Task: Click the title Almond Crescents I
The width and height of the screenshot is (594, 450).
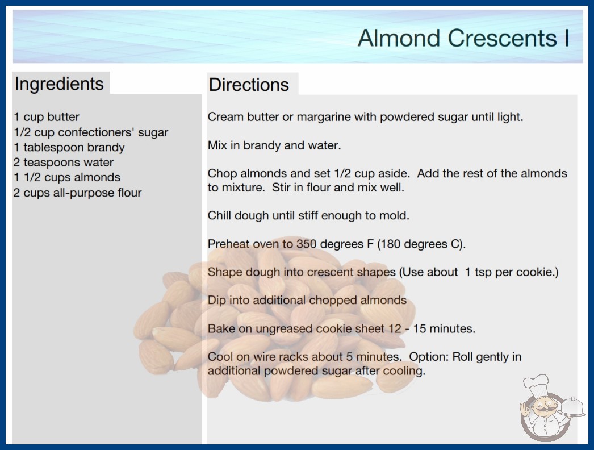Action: pos(463,38)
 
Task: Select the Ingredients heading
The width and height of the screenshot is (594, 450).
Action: pos(59,84)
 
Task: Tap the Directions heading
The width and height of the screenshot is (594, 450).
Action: pos(249,85)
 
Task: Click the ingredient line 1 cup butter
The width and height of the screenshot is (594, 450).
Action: pos(47,117)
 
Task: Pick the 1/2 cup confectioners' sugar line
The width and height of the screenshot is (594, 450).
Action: pos(91,132)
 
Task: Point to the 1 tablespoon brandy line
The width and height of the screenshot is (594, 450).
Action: pos(69,147)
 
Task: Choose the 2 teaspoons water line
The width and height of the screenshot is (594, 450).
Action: pos(64,163)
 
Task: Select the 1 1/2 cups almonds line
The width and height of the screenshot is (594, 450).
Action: pos(67,177)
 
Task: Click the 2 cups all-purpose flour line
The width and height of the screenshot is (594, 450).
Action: pos(78,193)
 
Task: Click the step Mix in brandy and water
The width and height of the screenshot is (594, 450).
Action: pos(274,145)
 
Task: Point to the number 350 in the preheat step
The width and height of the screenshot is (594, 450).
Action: pos(306,244)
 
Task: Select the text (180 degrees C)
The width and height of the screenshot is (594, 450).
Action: pos(421,244)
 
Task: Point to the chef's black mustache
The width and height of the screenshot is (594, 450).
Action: pos(544,409)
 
